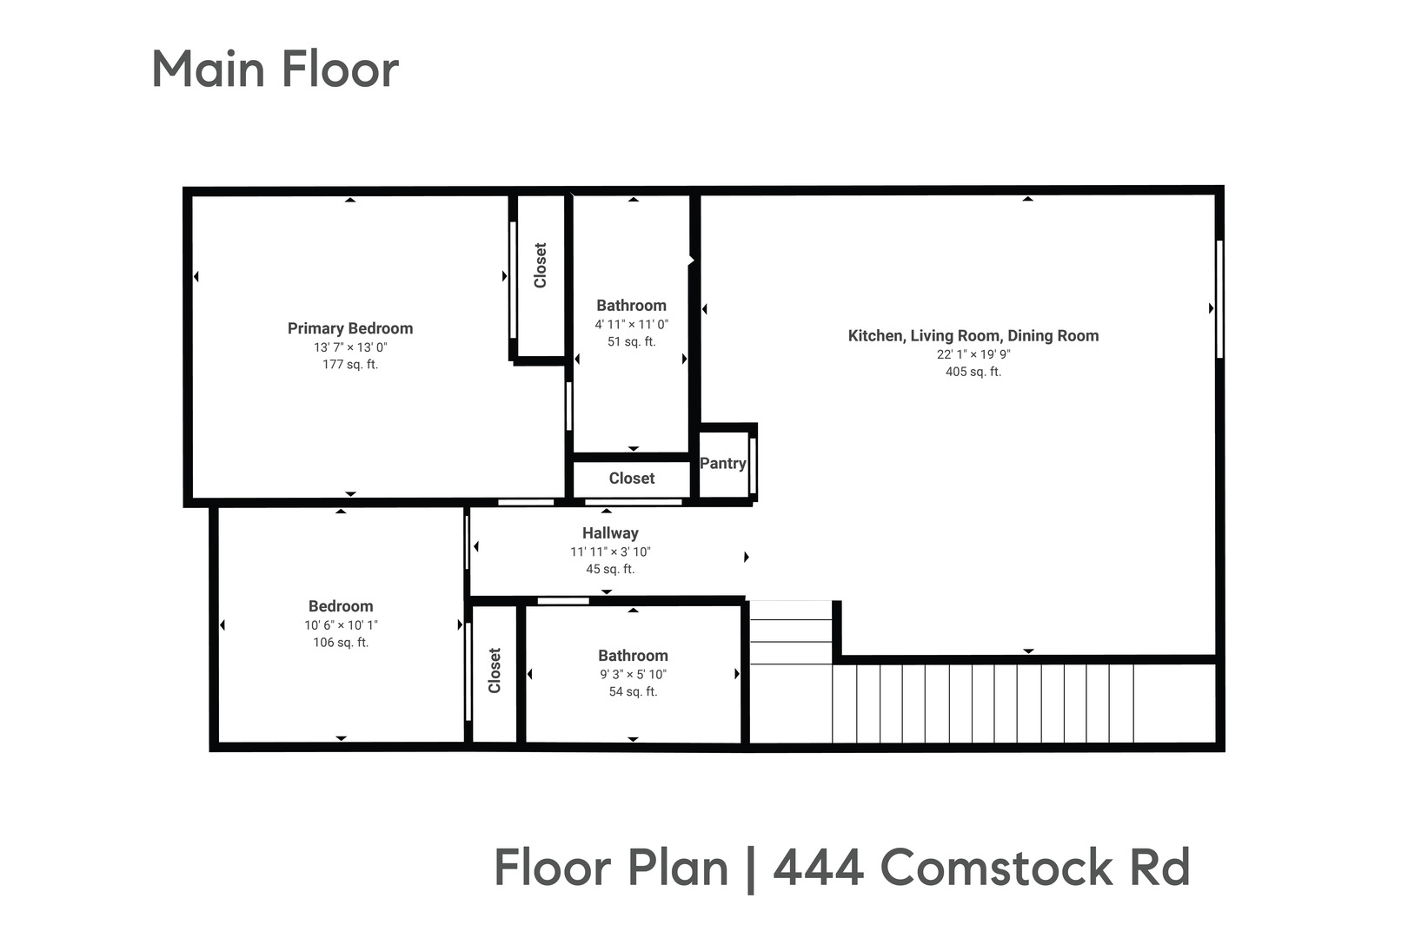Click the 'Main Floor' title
(x=275, y=69)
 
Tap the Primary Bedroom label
(x=350, y=328)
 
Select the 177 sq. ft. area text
(x=350, y=365)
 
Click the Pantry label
(x=723, y=464)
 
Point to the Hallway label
(x=610, y=533)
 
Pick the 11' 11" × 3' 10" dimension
(x=610, y=552)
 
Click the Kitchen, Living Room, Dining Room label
(x=973, y=336)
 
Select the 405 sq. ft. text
(x=973, y=372)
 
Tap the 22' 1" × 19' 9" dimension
(x=973, y=354)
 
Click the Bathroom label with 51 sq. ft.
(x=632, y=306)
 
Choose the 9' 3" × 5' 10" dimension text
(x=633, y=674)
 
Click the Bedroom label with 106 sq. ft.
(x=341, y=606)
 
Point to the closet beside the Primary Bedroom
(x=541, y=266)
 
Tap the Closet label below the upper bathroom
(x=632, y=479)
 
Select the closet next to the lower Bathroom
(x=495, y=670)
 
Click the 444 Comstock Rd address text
(x=981, y=868)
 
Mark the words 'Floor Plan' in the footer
(x=611, y=868)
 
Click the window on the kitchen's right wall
(x=1219, y=299)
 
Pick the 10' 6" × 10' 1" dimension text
(x=341, y=625)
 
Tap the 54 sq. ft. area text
(x=633, y=692)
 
